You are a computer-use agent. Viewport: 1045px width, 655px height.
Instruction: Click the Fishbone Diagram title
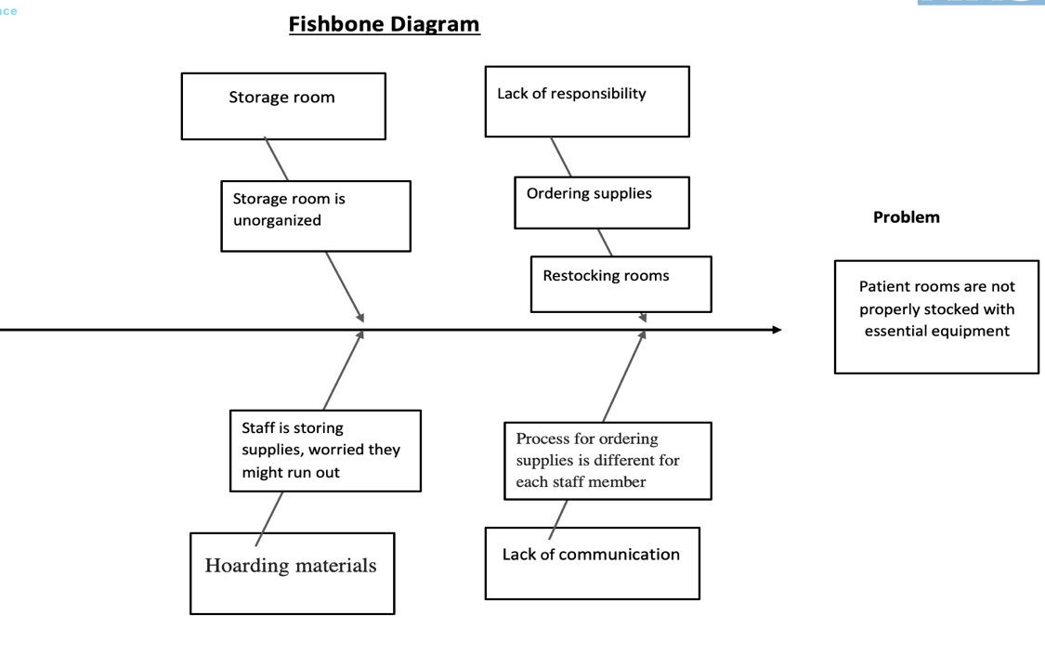point(384,24)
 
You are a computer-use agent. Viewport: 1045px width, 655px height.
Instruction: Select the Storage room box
point(283,106)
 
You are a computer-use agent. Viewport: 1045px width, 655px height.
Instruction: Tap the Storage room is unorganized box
point(316,216)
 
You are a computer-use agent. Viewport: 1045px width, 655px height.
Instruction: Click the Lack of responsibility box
point(587,101)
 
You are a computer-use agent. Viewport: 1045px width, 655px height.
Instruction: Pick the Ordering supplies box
point(602,202)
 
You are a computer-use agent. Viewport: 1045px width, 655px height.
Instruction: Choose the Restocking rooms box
point(620,283)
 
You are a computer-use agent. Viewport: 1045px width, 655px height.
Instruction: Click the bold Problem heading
point(906,217)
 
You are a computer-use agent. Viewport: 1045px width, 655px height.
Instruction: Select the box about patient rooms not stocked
point(936,317)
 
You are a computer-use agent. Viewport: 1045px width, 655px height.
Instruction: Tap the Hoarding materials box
point(292,572)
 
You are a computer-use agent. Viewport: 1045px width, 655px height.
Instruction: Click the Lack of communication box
point(592,563)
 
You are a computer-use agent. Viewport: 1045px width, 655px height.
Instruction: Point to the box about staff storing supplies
point(325,451)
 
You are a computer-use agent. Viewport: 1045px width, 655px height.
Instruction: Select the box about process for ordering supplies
point(607,461)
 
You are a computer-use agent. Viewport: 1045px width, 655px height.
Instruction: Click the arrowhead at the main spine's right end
point(777,330)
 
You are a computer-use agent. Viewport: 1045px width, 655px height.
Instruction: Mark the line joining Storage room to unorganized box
point(276,160)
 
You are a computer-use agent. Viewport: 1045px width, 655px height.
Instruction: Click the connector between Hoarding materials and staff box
point(269,518)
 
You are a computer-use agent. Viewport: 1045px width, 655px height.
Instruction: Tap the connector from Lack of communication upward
point(558,518)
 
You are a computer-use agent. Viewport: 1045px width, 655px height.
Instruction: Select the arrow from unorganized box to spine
point(345,286)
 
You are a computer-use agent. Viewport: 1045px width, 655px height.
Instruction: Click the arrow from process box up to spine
point(623,376)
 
